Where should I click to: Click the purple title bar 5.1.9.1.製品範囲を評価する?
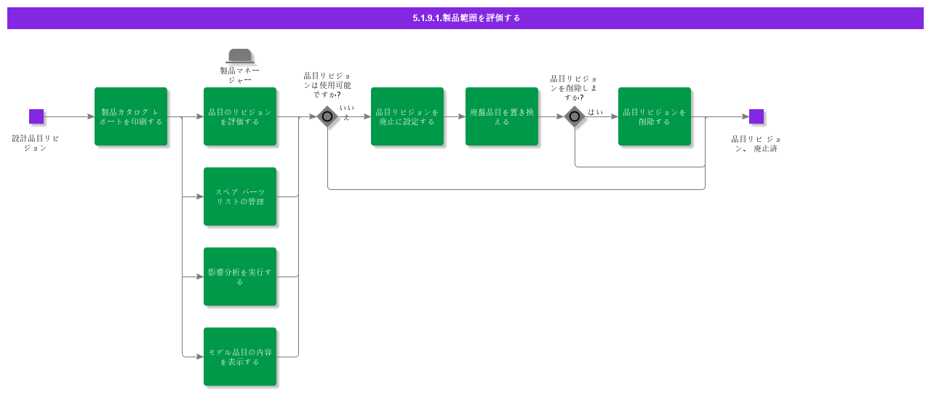click(x=465, y=18)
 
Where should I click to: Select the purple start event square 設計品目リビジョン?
click(x=36, y=116)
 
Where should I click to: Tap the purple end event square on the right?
click(x=756, y=116)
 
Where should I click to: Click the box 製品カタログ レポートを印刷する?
click(x=131, y=116)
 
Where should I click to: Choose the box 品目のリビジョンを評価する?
click(x=240, y=116)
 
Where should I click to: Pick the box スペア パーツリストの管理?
click(x=240, y=196)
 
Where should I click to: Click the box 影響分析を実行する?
click(x=240, y=277)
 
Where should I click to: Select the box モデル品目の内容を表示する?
click(x=240, y=357)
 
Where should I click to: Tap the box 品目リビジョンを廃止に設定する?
click(x=407, y=116)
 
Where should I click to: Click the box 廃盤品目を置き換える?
click(x=502, y=116)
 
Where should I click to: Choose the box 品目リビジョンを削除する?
click(x=655, y=116)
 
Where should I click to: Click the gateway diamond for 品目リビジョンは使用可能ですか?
click(x=327, y=116)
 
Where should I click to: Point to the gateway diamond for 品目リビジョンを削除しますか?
click(x=575, y=116)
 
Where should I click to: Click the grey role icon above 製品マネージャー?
click(x=240, y=56)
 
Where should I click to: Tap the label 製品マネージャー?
click(x=240, y=75)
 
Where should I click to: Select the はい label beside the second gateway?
click(x=595, y=111)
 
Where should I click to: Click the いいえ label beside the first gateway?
click(x=346, y=112)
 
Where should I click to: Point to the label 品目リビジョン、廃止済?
click(x=756, y=143)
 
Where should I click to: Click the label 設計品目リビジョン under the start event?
click(x=36, y=143)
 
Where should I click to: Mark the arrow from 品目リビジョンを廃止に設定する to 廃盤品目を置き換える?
click(x=455, y=116)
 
